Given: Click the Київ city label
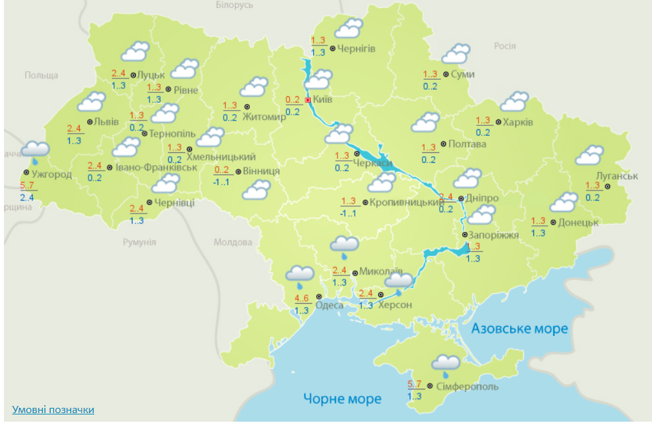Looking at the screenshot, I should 322,99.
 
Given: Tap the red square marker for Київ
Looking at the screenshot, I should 308,99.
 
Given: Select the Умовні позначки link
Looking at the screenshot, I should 53,410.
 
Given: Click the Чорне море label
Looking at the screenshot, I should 342,399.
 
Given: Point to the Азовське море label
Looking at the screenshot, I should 519,329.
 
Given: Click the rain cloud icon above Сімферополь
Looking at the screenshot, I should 446,364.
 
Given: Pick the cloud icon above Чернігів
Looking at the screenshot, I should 349,29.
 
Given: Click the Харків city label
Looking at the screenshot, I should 518,122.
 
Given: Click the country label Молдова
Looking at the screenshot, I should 233,242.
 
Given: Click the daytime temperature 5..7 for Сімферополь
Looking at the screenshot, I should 415,384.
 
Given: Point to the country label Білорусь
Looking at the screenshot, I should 234,5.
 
